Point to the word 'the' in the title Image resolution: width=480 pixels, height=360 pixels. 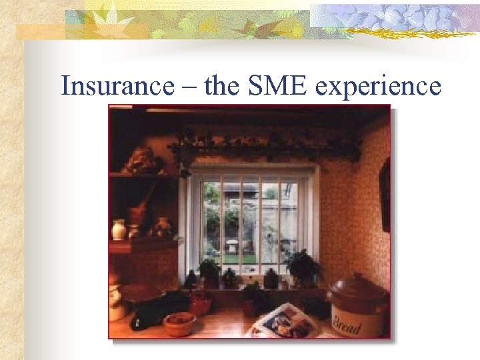(225, 86)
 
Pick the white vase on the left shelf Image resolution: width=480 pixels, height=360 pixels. (119, 229)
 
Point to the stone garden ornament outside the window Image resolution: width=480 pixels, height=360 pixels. (233, 245)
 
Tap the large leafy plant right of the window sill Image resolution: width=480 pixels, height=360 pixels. (304, 265)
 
